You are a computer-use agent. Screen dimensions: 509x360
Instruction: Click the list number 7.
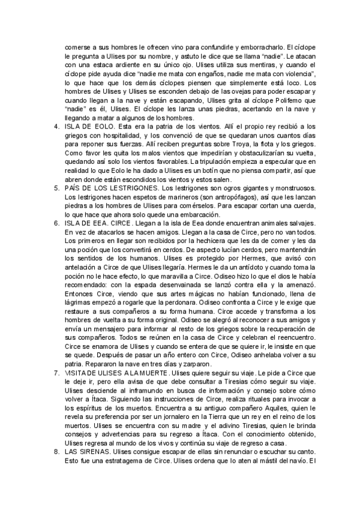(x=56, y=373)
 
